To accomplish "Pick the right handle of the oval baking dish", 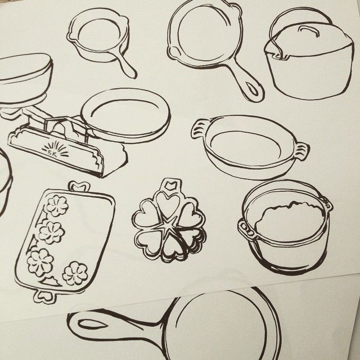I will click(302, 151).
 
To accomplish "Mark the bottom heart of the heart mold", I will click(169, 247).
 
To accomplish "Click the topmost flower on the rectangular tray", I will click(56, 206).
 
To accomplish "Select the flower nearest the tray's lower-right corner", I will click(75, 273).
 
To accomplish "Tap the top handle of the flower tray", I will click(79, 186).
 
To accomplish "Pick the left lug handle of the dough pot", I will click(245, 228).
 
